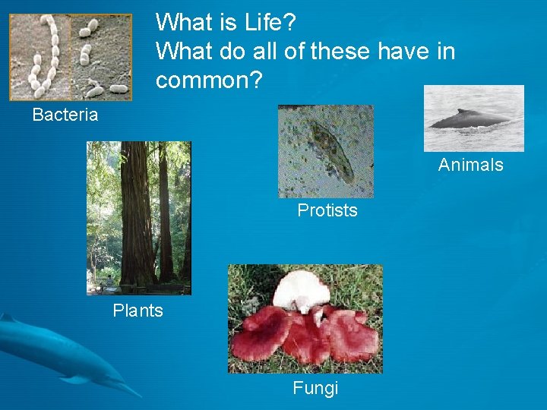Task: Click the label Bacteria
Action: [65, 115]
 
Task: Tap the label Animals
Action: [470, 166]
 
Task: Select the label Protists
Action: [327, 210]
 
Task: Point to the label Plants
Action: [138, 311]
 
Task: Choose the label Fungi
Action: [315, 389]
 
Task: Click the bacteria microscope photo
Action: [70, 57]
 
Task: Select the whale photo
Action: [473, 118]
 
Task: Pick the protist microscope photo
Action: [325, 151]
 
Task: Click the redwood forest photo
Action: [138, 217]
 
